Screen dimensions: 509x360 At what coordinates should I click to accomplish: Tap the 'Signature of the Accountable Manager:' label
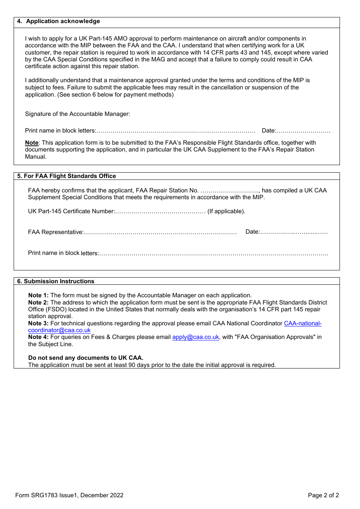click(77, 114)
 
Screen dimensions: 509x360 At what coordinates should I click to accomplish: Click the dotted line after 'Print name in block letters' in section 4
click(175, 131)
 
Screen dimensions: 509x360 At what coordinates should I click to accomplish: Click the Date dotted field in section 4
click(303, 131)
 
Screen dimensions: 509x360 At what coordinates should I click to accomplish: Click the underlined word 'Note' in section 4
click(32, 143)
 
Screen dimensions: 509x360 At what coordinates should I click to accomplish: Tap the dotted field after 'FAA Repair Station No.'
click(230, 191)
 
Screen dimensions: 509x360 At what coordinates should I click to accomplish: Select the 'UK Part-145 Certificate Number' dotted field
click(160, 212)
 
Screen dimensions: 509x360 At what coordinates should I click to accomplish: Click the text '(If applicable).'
click(226, 211)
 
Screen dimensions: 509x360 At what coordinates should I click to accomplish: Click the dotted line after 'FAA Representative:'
click(160, 233)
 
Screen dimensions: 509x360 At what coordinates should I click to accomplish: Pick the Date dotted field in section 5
click(294, 232)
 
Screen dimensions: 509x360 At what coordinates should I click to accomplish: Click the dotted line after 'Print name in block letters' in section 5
click(213, 253)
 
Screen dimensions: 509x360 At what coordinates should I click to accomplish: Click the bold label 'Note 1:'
click(38, 295)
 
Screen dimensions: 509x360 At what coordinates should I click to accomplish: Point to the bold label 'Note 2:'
click(38, 303)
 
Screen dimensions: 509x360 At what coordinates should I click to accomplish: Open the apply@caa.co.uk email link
click(196, 337)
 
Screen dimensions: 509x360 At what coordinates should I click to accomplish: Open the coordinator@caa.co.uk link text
click(59, 330)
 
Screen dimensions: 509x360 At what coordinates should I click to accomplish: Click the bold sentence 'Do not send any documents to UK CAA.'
click(86, 358)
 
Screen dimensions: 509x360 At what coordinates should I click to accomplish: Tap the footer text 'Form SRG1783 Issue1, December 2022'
click(69, 495)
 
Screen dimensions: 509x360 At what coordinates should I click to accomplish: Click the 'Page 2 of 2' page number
click(323, 495)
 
